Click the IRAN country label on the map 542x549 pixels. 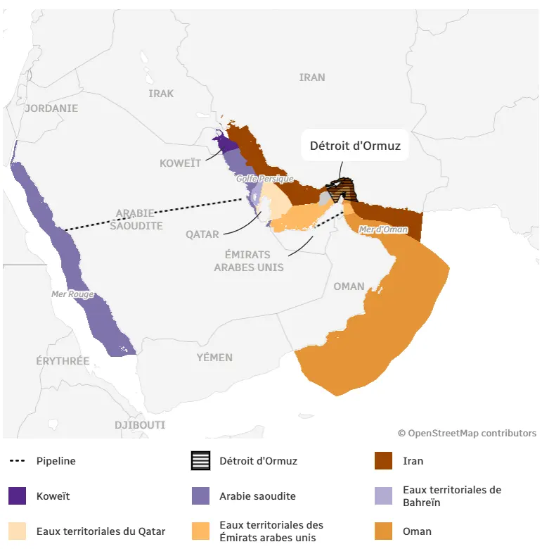(312, 77)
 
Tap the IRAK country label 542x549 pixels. (161, 93)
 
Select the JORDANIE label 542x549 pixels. (51, 108)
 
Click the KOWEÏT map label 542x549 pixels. (180, 163)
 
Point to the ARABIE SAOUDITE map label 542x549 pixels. (139, 219)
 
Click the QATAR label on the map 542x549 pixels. (202, 234)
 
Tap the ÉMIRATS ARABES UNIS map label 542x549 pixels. (249, 260)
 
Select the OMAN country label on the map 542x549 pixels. (349, 286)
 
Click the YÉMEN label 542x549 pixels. (214, 357)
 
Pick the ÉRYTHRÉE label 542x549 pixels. (63, 360)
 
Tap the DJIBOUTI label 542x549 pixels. (140, 424)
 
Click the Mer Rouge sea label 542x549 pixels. (72, 294)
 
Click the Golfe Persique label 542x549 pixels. (264, 179)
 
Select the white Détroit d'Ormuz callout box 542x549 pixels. (355, 146)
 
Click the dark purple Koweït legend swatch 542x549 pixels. (18, 496)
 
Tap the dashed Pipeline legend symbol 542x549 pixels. (18, 461)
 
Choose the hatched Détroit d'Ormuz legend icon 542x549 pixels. (201, 461)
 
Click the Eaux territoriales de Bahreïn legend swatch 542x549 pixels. (384, 496)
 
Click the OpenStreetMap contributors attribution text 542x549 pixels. (467, 433)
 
